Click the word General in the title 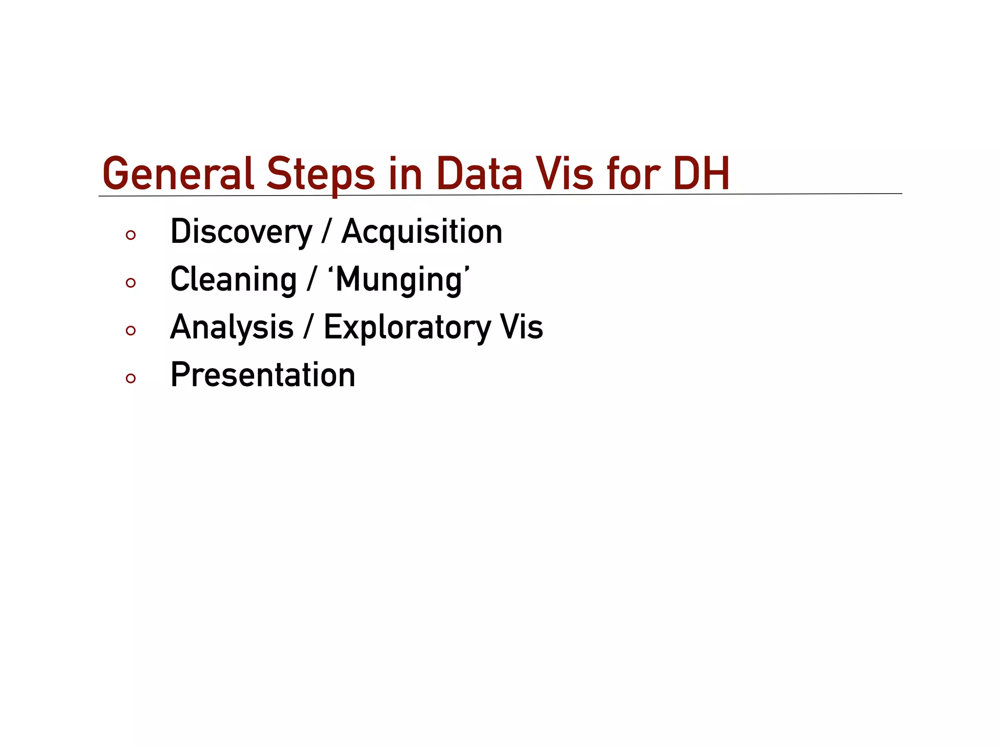178,174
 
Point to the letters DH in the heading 701,174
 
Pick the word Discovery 241,232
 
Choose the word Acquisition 422,232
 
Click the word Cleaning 233,280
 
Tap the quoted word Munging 399,280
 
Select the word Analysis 232,328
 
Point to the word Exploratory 407,328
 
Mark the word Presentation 263,375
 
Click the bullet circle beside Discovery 130,236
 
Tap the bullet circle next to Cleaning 130,283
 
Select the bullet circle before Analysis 130,331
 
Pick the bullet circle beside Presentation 130,378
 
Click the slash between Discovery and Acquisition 326,232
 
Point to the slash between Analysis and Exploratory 308,328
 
